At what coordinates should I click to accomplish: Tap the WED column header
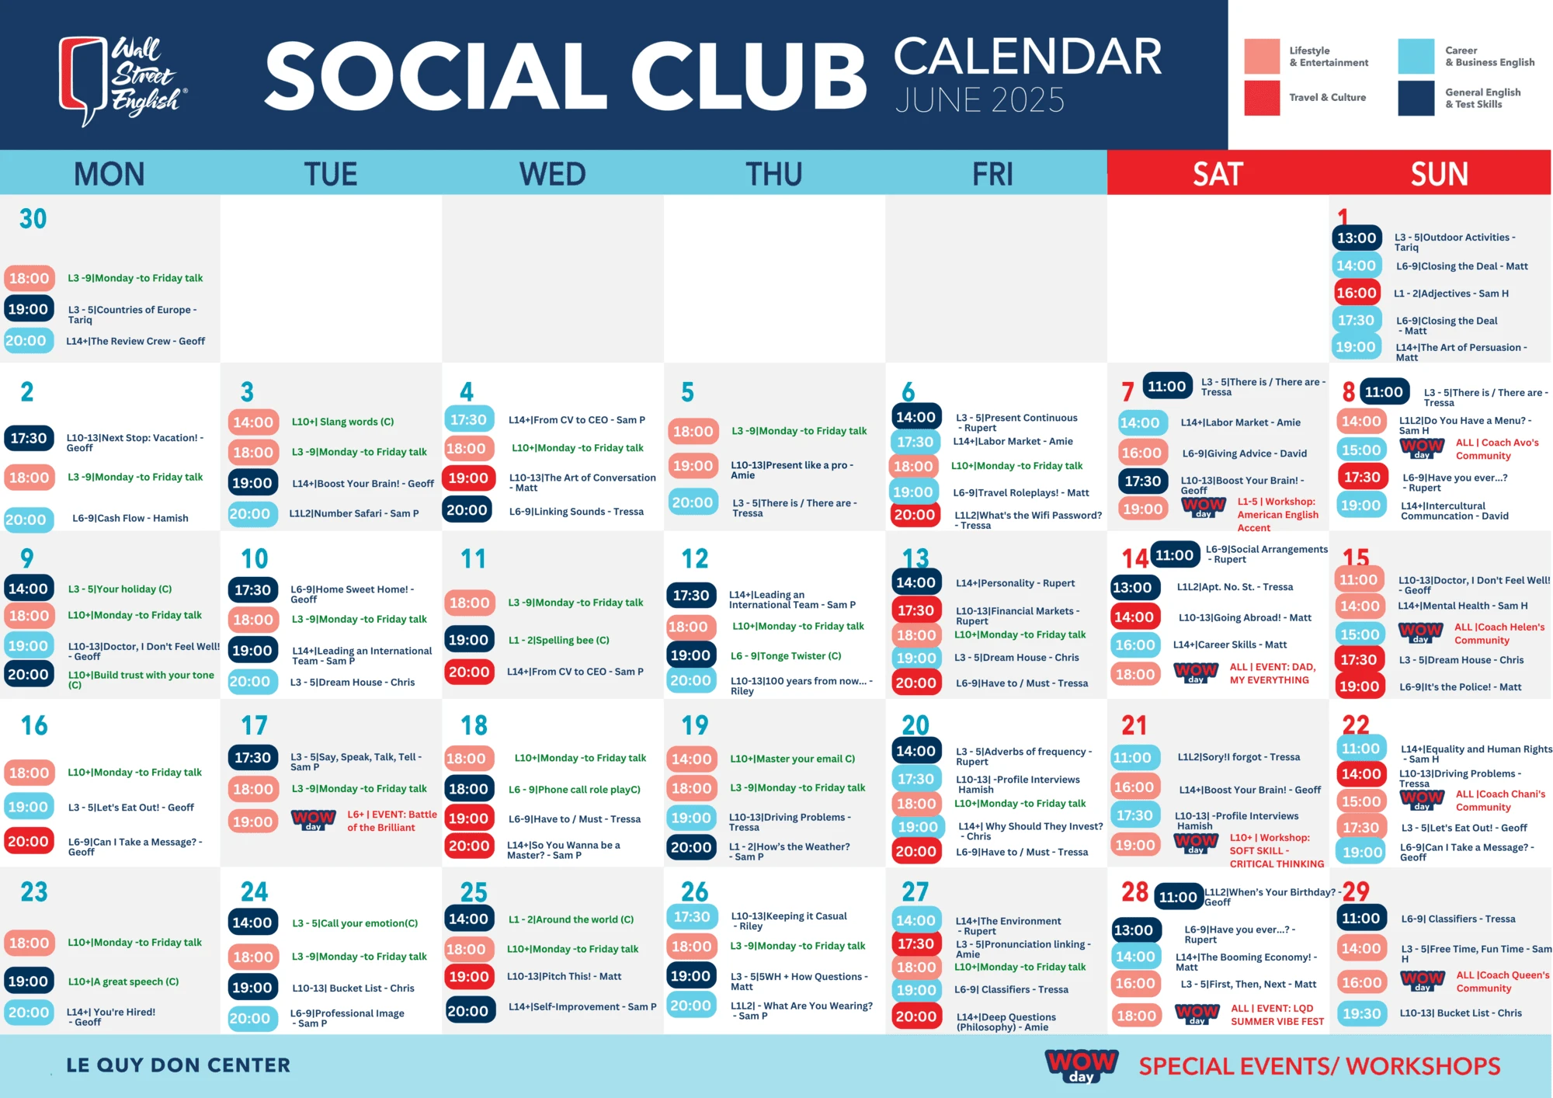[552, 174]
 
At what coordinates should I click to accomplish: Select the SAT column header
[1218, 174]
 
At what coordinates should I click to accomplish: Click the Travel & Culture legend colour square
[1262, 98]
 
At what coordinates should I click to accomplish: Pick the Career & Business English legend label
[1489, 57]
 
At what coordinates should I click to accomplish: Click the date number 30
[33, 219]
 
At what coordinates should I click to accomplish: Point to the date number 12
[695, 558]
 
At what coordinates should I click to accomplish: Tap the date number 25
[474, 892]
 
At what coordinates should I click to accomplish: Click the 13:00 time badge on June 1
[1357, 238]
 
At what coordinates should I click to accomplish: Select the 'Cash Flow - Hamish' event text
[130, 519]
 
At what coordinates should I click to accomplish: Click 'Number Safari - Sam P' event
[353, 513]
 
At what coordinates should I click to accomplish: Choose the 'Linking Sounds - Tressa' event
[576, 512]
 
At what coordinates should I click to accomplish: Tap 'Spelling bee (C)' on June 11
[558, 641]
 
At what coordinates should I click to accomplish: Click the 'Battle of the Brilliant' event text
[391, 821]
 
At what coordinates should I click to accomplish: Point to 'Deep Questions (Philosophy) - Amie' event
[1006, 1022]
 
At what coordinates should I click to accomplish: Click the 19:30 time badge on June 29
[1362, 1013]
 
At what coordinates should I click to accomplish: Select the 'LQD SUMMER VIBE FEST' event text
[1277, 1015]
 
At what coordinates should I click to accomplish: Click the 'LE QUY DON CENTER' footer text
[178, 1065]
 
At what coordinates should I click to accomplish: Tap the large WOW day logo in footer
[1082, 1065]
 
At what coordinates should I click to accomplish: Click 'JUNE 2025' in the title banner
[980, 100]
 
